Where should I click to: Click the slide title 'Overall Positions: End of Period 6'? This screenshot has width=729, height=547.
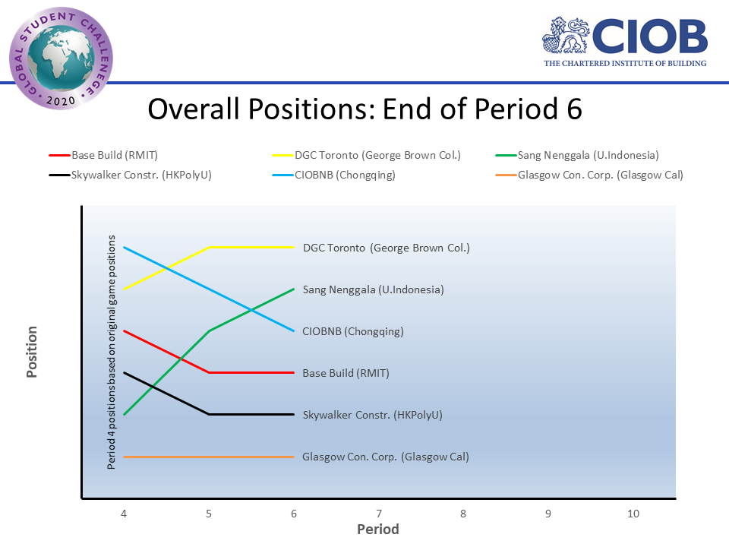[x=364, y=109]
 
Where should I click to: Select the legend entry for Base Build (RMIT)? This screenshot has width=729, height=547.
[x=114, y=155]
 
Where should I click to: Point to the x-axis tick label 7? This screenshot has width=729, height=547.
[x=379, y=514]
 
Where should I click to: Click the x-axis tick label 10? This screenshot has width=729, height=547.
[x=633, y=514]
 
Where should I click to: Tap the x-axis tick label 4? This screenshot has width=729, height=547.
[x=124, y=514]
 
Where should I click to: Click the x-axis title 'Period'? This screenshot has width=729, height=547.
[x=378, y=529]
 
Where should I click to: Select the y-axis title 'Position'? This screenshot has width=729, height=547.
[x=32, y=352]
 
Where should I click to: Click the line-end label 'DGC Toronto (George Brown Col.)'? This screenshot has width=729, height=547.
[x=387, y=248]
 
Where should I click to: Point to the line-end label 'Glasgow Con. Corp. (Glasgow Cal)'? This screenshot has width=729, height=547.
[x=386, y=457]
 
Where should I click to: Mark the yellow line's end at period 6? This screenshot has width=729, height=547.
[x=294, y=247]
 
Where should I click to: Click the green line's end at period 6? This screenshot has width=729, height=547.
[x=294, y=289]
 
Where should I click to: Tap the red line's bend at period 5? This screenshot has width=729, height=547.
[x=209, y=372]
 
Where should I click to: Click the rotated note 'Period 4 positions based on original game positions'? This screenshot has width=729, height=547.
[x=112, y=352]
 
